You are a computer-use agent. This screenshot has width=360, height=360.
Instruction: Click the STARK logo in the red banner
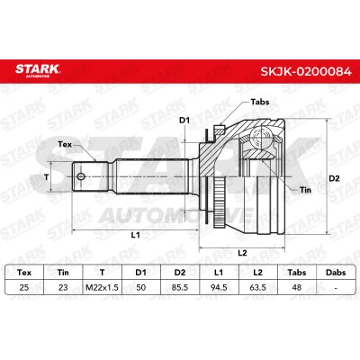38,70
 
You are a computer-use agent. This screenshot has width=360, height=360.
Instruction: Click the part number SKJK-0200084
306,71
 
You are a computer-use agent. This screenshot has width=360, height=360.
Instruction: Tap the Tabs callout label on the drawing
260,102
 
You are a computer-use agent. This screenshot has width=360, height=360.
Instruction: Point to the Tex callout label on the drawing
65,145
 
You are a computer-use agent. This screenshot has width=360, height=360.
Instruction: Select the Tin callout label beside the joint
305,190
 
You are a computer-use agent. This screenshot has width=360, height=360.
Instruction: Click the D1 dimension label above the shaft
184,121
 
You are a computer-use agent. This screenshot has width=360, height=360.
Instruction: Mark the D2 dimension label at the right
334,178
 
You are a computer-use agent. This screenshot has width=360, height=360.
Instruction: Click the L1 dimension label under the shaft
136,235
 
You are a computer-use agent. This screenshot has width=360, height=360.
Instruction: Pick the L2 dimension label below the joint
242,253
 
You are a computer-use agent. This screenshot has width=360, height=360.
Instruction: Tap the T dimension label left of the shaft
46,177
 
